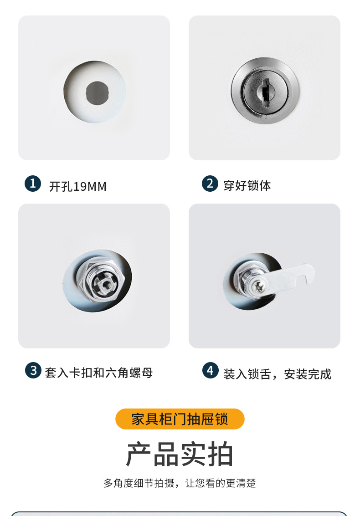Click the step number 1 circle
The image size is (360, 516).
[x=33, y=184]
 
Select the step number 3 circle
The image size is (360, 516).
[x=33, y=370]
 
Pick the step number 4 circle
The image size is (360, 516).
[x=210, y=371]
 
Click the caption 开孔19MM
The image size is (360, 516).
[x=77, y=187]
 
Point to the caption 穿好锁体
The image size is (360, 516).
[x=247, y=186]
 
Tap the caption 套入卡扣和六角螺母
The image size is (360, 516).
[x=98, y=373]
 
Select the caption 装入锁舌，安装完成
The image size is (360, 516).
[x=277, y=374]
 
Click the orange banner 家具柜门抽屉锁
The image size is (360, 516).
[x=180, y=419]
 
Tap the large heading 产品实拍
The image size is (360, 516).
[x=180, y=454]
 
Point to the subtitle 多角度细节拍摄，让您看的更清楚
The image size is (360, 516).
[x=180, y=483]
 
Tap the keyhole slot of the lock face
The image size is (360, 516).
[x=263, y=89]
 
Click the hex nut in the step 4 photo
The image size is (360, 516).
[x=240, y=277]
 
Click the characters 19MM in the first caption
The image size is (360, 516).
[x=90, y=187]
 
